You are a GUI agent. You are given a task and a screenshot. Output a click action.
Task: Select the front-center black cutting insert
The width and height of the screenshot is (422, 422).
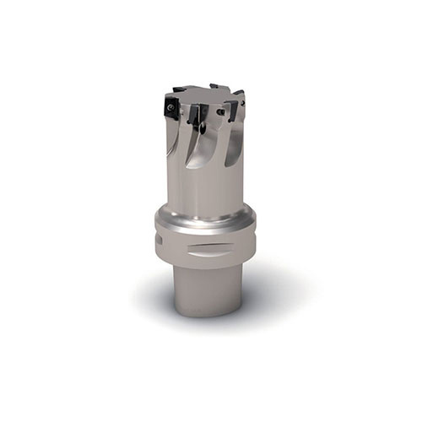click(x=196, y=114)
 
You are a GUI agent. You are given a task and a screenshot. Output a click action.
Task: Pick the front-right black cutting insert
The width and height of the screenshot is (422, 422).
click(x=229, y=109)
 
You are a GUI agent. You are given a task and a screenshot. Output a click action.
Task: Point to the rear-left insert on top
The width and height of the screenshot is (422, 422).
click(x=180, y=89)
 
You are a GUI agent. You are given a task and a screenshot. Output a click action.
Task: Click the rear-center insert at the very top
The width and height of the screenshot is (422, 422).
click(x=215, y=85)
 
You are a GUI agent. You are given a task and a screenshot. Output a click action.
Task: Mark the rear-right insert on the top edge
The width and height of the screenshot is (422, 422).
click(x=239, y=95)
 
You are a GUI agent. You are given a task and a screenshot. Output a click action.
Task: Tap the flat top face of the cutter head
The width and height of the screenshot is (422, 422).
click(x=207, y=95)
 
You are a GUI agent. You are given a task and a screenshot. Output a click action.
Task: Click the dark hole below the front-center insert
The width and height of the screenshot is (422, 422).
click(x=200, y=129)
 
